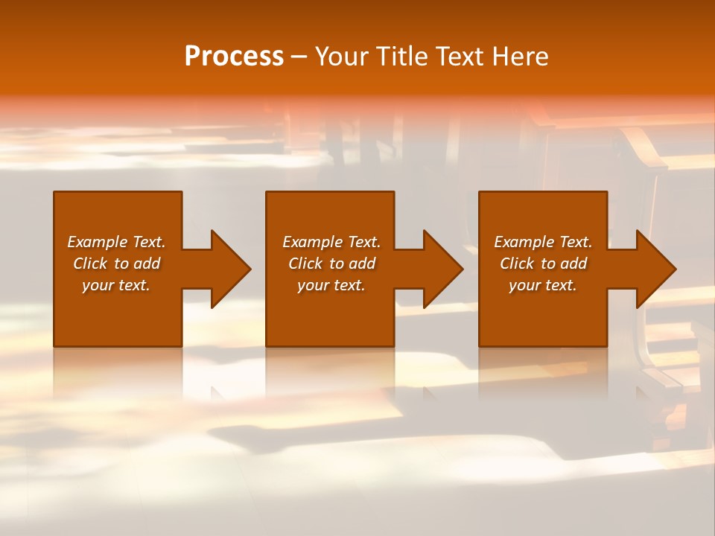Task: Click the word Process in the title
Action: (x=234, y=57)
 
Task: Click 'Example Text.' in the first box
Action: (x=116, y=242)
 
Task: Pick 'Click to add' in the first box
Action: (x=116, y=264)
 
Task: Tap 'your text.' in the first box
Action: (x=116, y=285)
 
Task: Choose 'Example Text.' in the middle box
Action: (x=331, y=242)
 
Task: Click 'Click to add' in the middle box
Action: (x=331, y=264)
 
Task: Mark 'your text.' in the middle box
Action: (x=331, y=285)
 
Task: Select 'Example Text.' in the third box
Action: (x=543, y=242)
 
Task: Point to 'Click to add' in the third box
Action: (x=543, y=264)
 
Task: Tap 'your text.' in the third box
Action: (x=543, y=285)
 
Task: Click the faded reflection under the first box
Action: (x=118, y=372)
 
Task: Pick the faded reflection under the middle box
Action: (x=330, y=372)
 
